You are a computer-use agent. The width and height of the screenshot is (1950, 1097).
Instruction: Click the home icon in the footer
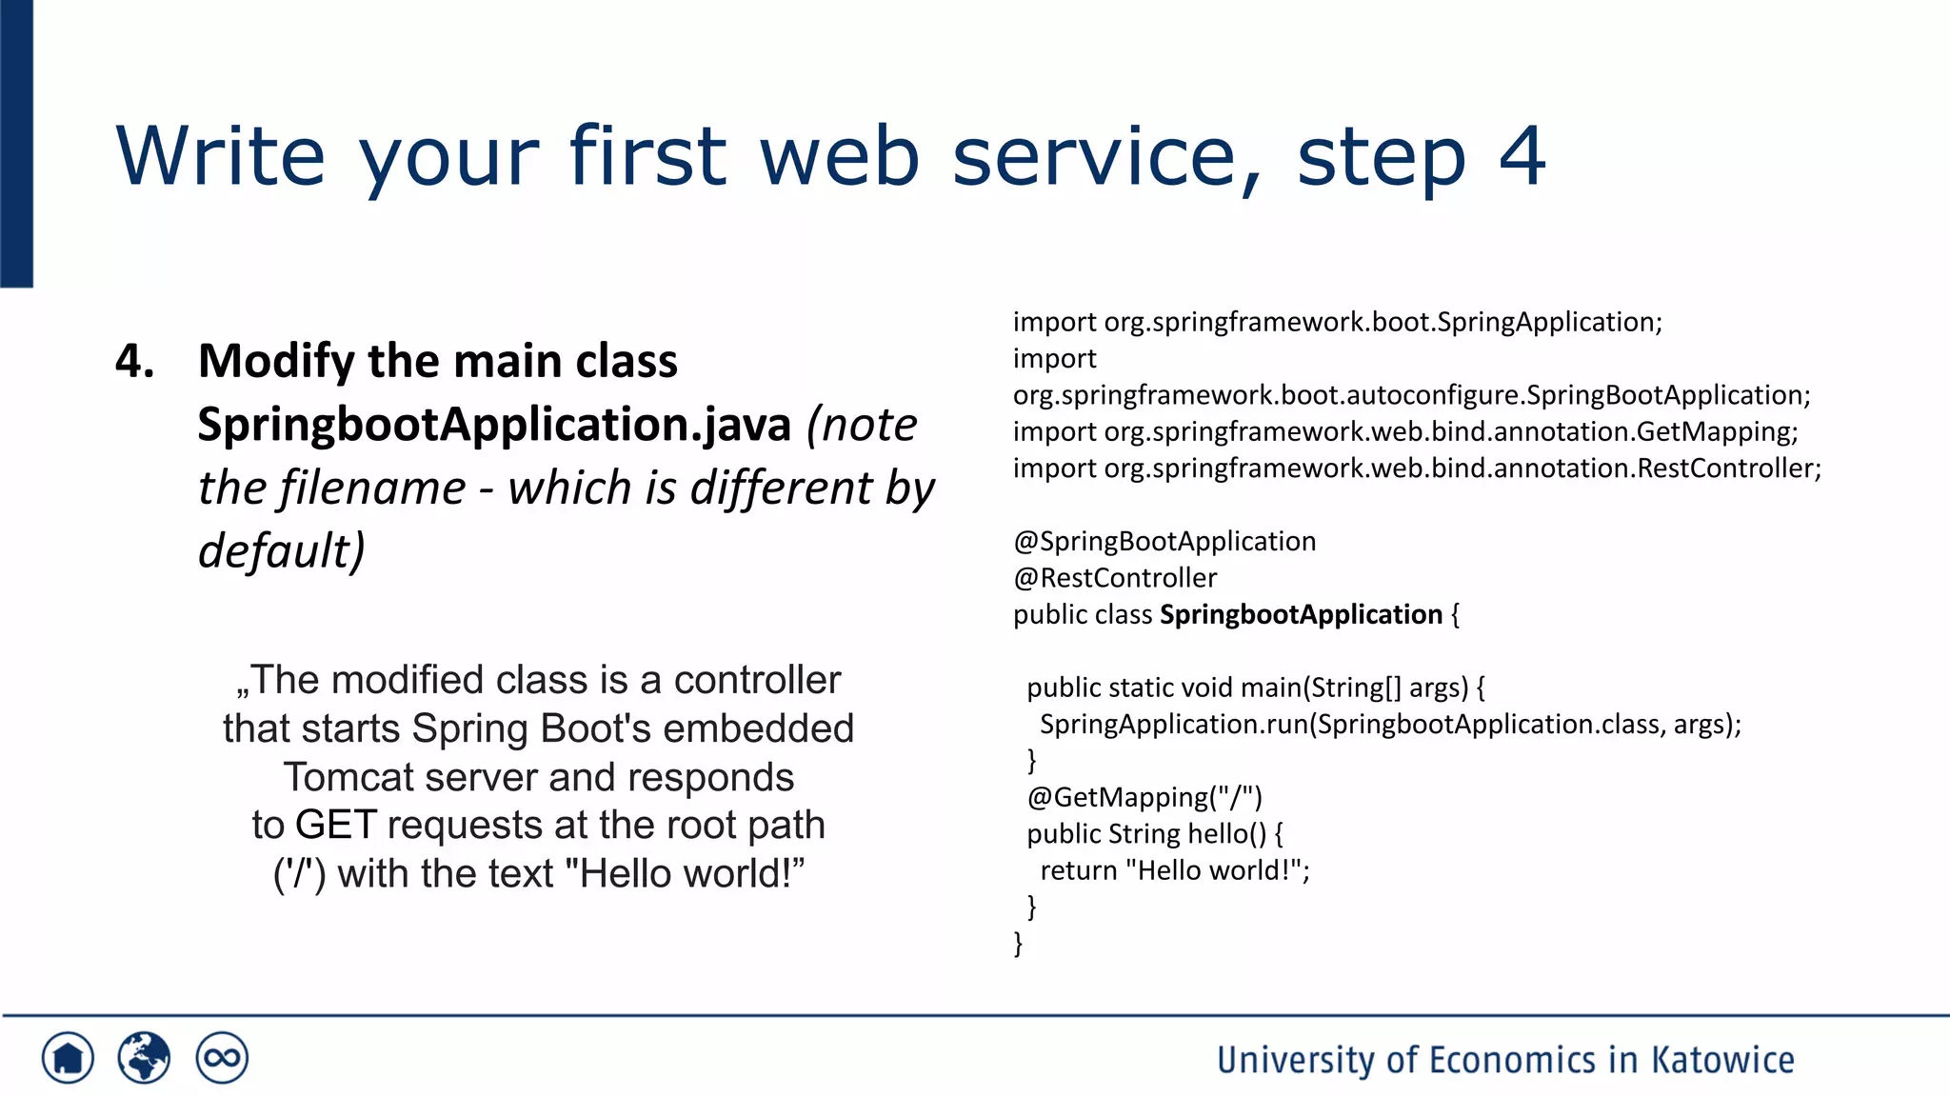pos(68,1058)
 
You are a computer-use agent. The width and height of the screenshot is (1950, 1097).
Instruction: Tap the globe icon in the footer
pos(144,1058)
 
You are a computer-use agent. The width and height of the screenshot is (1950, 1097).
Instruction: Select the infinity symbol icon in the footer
pos(222,1058)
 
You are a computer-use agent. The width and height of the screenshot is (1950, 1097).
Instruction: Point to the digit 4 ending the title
pos(1521,156)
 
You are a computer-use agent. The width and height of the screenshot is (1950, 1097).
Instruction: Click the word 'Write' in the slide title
pos(220,156)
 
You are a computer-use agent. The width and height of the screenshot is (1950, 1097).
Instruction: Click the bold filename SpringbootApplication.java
pos(494,425)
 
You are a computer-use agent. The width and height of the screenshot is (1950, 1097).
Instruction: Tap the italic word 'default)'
pos(281,551)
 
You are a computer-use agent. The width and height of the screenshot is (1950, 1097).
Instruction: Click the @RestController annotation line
pos(1115,578)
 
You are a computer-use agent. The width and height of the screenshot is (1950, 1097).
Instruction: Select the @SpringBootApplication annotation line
pos(1164,542)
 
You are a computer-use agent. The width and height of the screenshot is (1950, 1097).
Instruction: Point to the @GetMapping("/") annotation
pos(1144,797)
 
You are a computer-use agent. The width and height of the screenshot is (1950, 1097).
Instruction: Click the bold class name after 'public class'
pos(1301,615)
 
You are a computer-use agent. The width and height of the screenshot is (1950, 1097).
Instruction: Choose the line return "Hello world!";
pos(1175,870)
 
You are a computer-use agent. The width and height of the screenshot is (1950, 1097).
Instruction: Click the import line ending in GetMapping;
pos(1405,432)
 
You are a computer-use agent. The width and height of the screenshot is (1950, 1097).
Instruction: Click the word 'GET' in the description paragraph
pos(336,826)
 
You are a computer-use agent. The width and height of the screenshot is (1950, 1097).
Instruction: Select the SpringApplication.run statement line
pos(1390,725)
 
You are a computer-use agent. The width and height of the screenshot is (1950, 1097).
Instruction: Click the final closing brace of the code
pos(1018,944)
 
